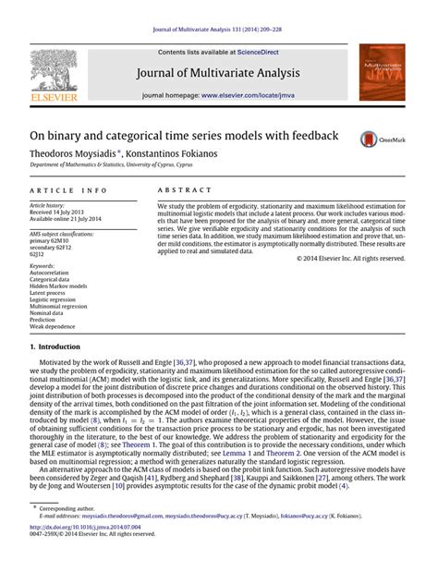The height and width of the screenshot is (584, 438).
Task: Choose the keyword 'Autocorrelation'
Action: (51, 274)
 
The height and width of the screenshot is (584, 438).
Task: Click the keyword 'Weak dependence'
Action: (54, 325)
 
